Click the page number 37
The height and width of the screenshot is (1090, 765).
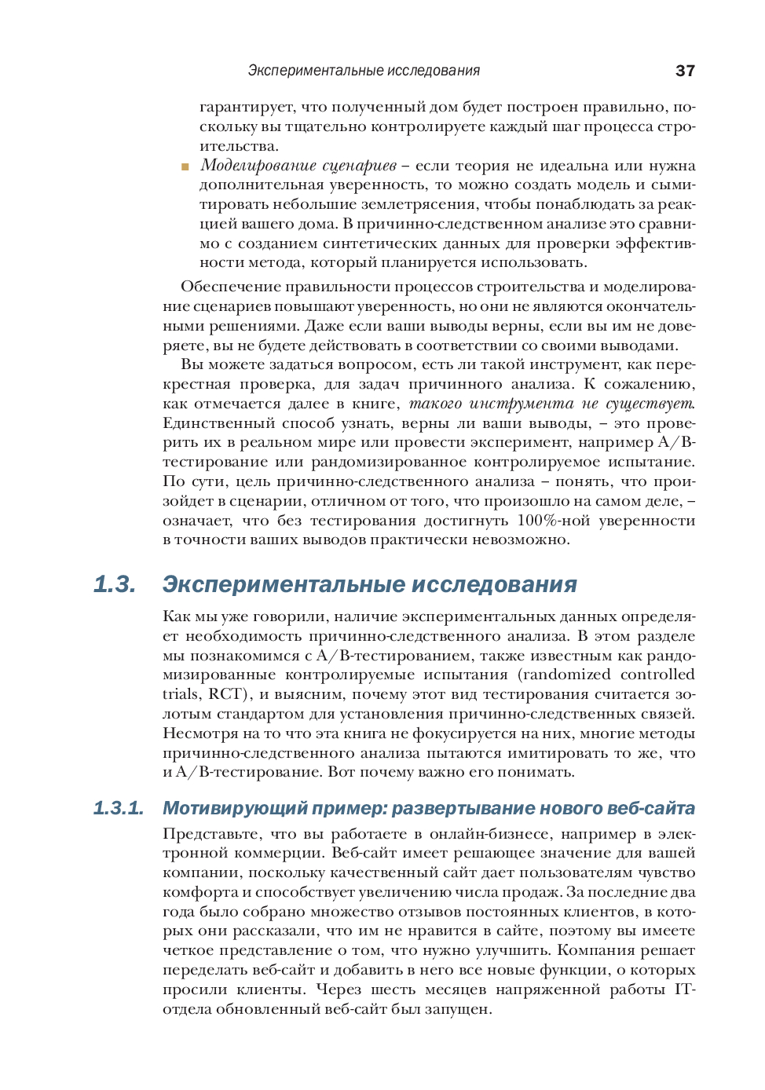[684, 71]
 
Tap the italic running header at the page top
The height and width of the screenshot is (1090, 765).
[364, 71]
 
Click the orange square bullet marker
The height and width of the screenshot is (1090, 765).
[185, 166]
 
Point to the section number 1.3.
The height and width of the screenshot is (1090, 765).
[115, 584]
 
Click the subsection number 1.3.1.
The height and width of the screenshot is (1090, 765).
[119, 808]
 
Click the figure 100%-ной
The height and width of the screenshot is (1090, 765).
[552, 521]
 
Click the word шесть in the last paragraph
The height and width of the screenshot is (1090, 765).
[393, 989]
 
